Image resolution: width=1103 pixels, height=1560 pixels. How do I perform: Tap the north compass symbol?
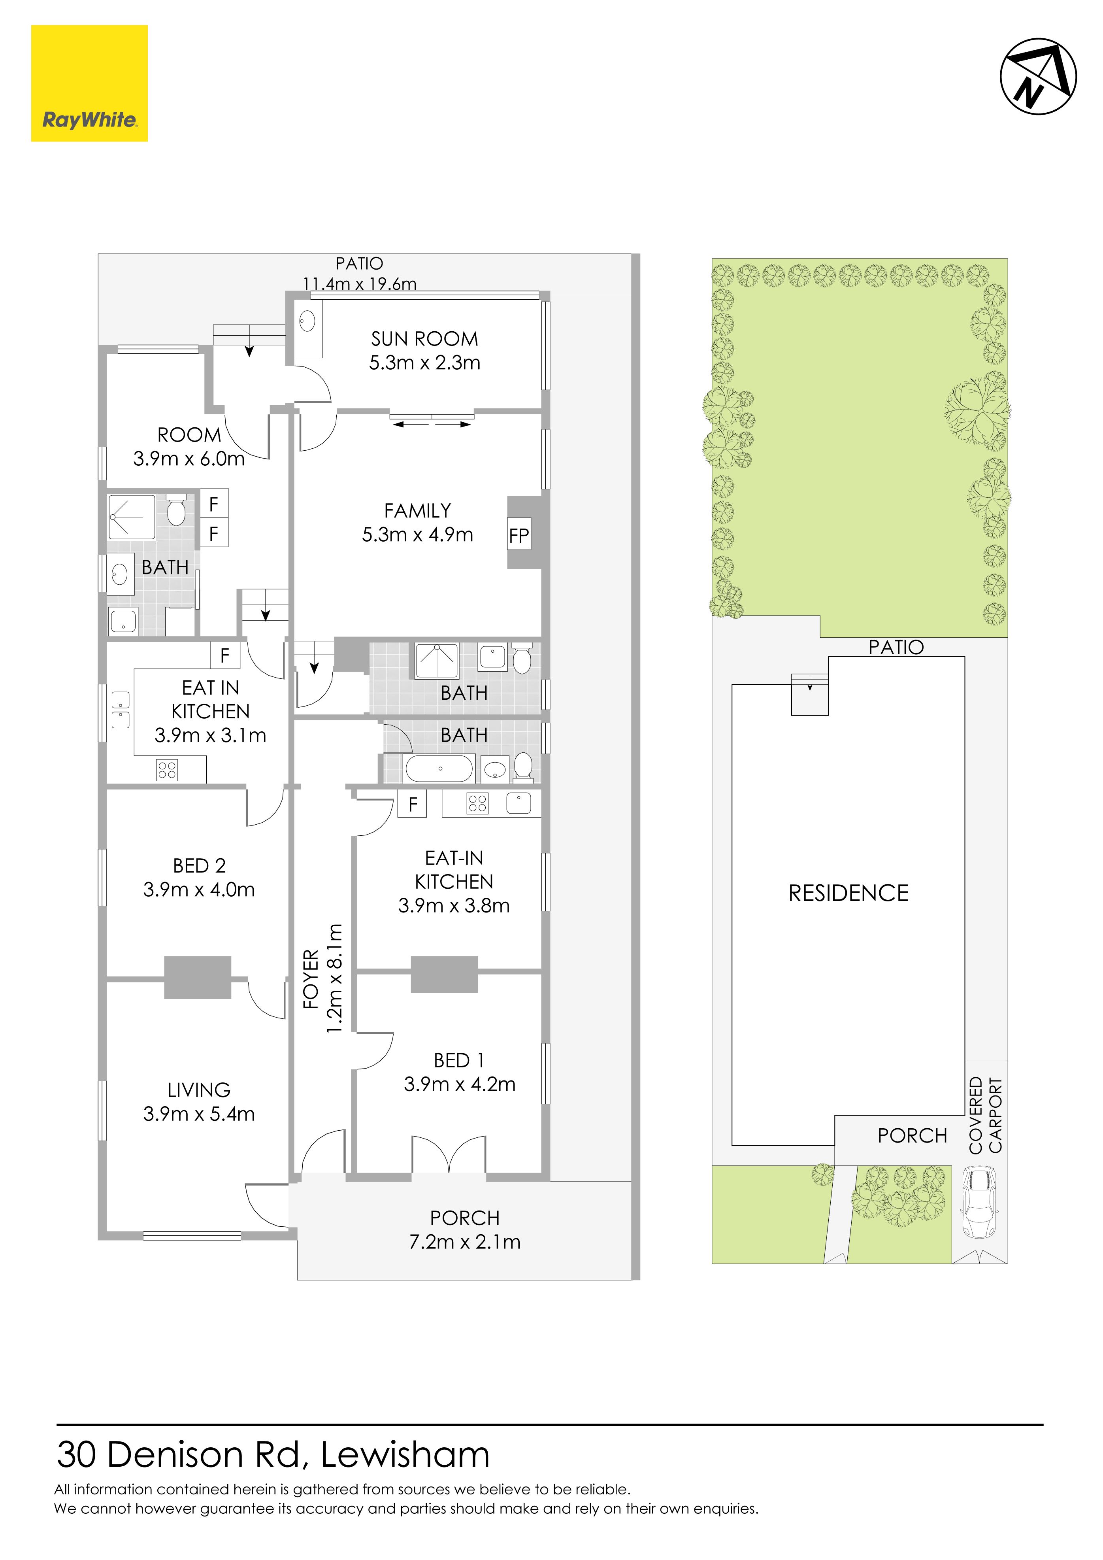click(1038, 76)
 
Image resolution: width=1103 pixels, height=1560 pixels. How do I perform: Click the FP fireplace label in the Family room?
click(519, 536)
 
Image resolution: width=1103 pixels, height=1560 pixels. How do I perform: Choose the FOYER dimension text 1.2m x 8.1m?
click(335, 979)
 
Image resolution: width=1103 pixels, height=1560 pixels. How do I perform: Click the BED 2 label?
click(199, 866)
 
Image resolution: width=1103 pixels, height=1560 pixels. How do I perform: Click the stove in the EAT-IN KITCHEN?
click(477, 804)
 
